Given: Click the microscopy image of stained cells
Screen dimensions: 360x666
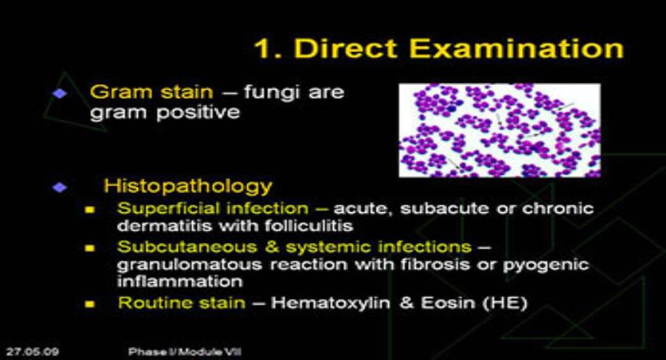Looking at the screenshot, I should (x=499, y=130).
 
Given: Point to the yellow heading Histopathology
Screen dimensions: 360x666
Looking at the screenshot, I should (x=188, y=185).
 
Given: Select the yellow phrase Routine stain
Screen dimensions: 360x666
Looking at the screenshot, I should (x=181, y=303).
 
